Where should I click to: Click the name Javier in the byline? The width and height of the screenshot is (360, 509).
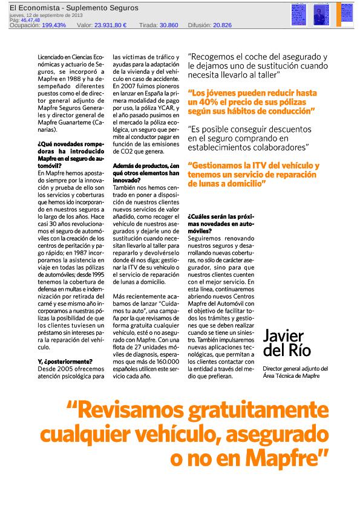pyautogui.click(x=284, y=336)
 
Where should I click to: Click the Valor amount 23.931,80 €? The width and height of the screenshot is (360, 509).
pyautogui.click(x=110, y=25)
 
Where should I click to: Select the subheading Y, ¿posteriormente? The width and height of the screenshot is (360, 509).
pyautogui.click(x=60, y=361)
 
